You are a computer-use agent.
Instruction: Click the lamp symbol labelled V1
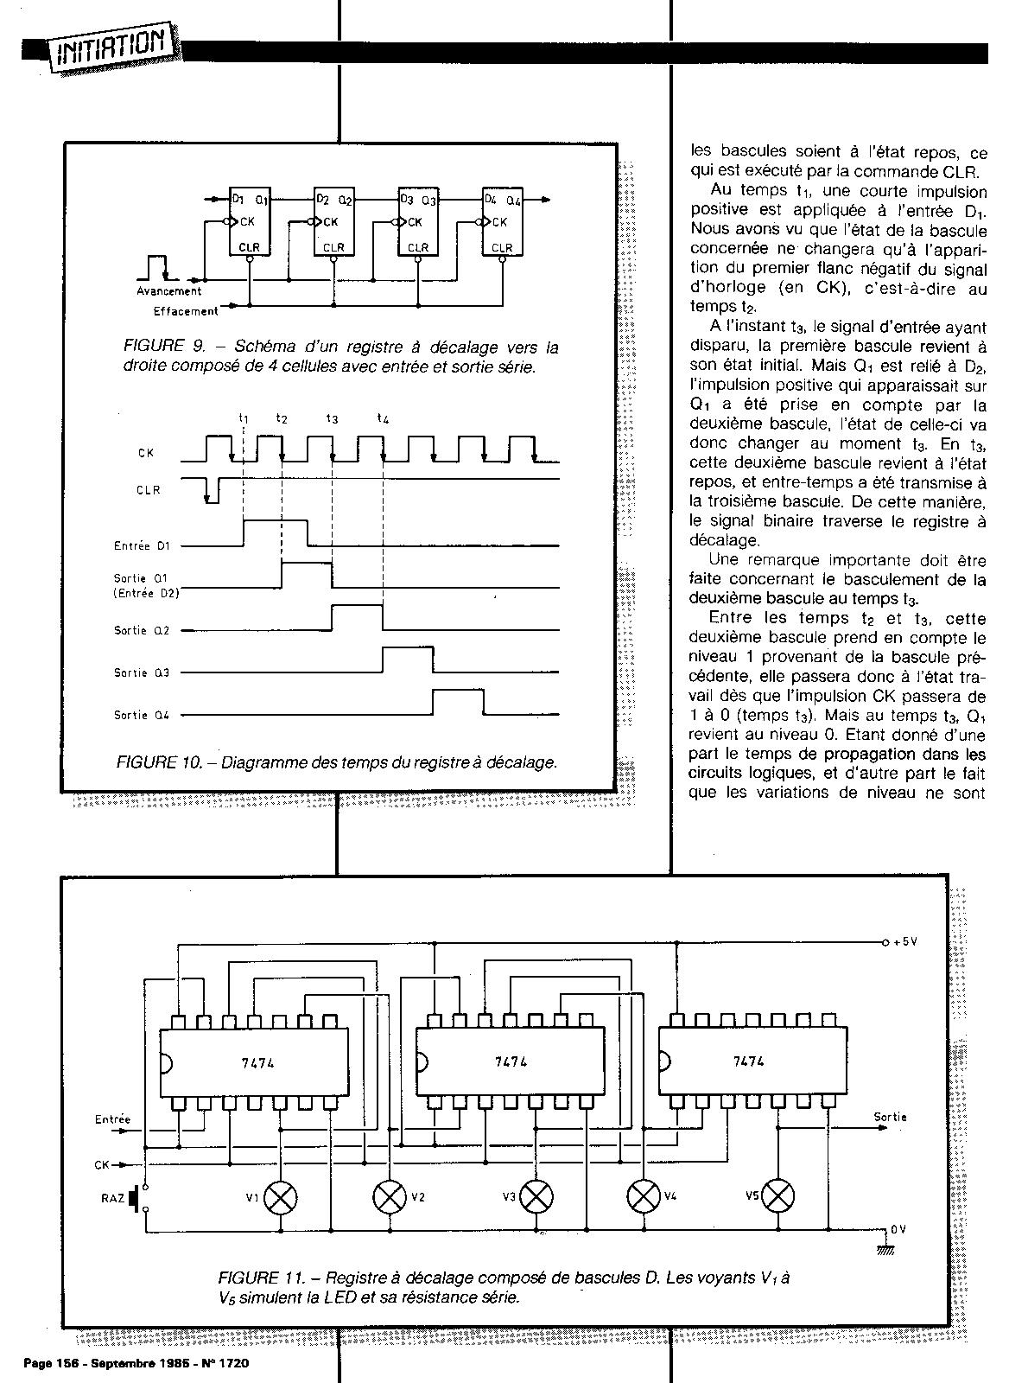click(x=281, y=1196)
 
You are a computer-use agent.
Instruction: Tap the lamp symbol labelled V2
click(x=390, y=1196)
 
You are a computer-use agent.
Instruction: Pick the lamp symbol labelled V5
click(x=780, y=1196)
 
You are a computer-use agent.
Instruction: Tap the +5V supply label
click(x=903, y=941)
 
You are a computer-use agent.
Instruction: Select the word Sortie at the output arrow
click(x=890, y=1118)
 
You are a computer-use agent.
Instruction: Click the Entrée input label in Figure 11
click(x=112, y=1119)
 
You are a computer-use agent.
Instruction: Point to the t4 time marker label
click(x=383, y=419)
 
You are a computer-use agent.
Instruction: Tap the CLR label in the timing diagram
click(x=149, y=490)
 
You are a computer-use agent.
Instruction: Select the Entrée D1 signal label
click(x=143, y=545)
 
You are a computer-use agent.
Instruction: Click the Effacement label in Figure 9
click(x=186, y=311)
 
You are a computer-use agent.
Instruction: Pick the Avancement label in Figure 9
click(x=169, y=291)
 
